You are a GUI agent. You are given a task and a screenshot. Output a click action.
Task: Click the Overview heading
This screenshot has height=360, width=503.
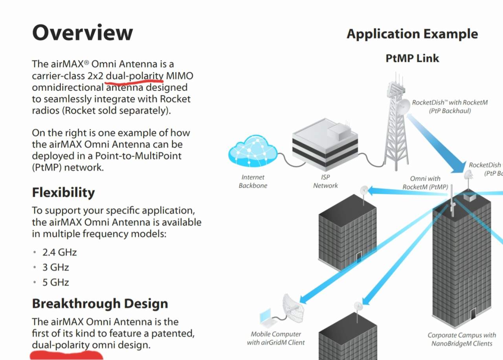(83, 32)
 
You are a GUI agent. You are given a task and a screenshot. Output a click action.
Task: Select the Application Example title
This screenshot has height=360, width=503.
(412, 34)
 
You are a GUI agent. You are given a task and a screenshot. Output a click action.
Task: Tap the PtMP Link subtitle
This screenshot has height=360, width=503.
(412, 58)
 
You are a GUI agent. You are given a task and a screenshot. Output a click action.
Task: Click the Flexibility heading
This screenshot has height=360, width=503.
(63, 192)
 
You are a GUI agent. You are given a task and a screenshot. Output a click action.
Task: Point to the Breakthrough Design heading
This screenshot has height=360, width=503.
(100, 303)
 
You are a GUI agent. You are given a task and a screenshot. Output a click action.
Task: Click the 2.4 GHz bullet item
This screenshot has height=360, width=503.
(59, 252)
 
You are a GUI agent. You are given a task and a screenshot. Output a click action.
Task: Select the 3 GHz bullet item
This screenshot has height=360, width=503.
(55, 267)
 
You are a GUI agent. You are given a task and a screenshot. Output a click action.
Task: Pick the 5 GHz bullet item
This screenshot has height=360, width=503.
(55, 282)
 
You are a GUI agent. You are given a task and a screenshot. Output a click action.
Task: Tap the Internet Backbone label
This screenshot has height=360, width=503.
(253, 181)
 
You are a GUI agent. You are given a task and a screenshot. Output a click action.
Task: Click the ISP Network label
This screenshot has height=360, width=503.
(325, 181)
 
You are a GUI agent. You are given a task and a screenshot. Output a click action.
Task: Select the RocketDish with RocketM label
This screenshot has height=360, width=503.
(450, 107)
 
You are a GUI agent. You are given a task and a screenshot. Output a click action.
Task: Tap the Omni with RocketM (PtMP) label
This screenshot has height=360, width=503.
(425, 183)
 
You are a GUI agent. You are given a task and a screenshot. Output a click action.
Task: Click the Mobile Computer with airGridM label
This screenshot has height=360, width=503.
(276, 338)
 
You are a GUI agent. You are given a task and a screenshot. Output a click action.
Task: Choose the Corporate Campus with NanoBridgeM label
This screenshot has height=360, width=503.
(462, 339)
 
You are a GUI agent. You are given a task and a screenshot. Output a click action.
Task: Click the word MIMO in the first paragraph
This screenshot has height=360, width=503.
(180, 75)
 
